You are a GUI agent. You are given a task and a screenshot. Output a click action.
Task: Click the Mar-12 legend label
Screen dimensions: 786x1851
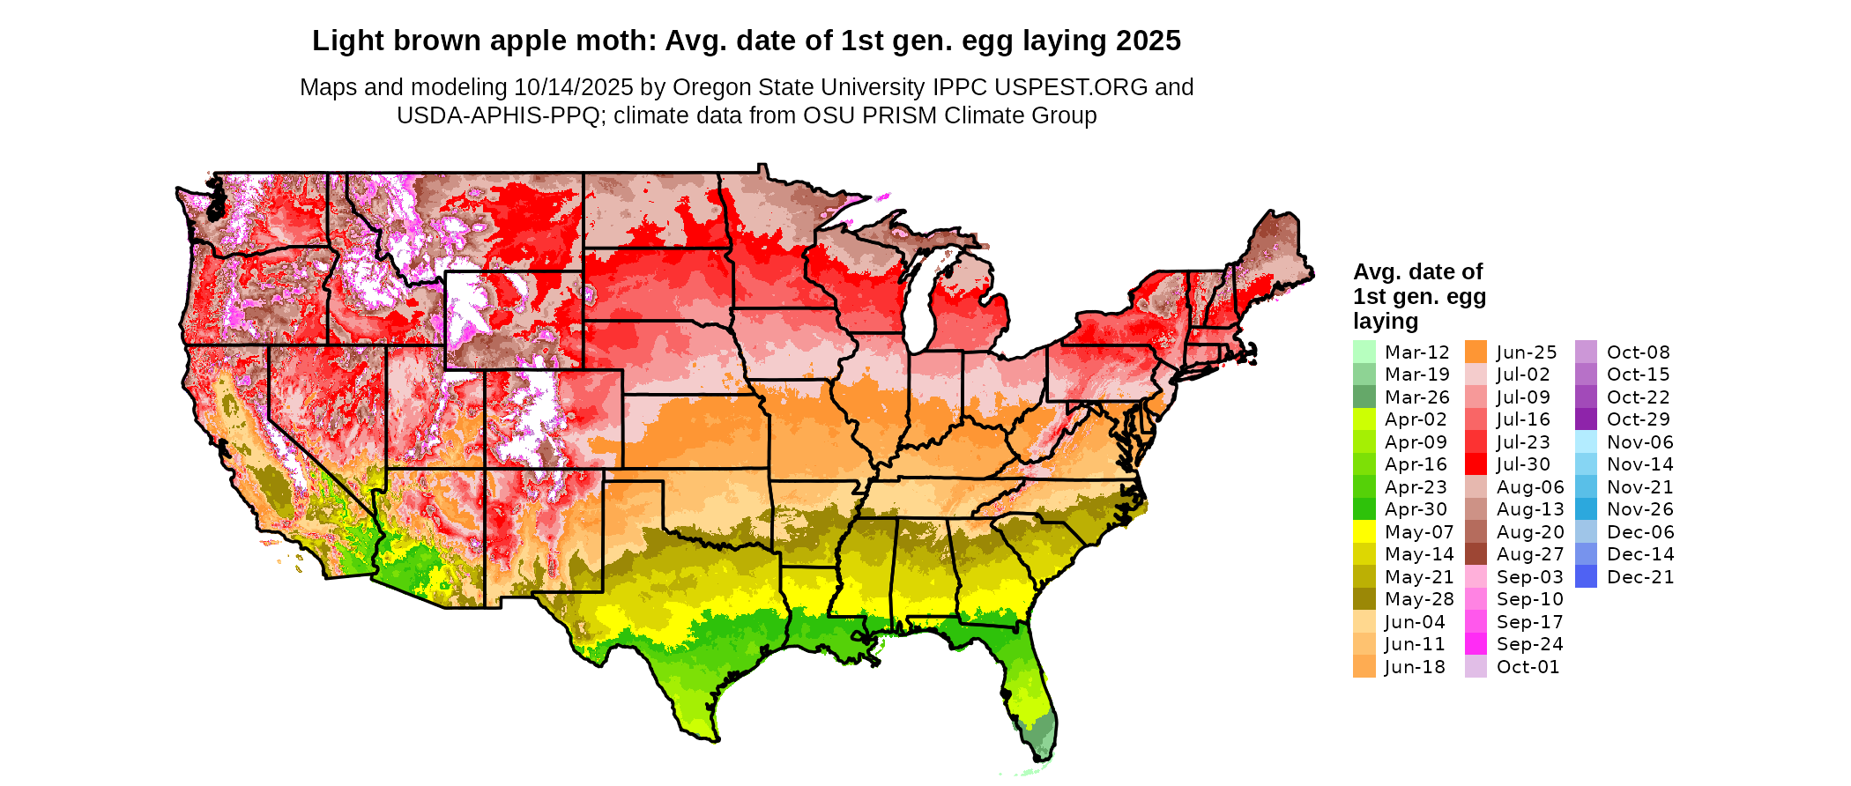(x=1416, y=352)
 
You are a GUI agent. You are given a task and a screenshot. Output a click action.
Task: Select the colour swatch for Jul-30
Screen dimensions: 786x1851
(x=1476, y=464)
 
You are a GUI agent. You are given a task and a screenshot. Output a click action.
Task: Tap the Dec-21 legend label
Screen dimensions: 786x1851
(x=1639, y=577)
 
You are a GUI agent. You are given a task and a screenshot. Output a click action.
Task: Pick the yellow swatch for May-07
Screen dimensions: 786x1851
(x=1364, y=532)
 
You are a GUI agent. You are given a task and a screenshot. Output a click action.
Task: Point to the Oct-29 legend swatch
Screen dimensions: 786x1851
(x=1586, y=419)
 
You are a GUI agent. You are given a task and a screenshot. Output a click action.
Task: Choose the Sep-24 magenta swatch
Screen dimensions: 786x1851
(x=1476, y=644)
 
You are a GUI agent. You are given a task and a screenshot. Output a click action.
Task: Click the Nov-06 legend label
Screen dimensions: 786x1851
(x=1639, y=442)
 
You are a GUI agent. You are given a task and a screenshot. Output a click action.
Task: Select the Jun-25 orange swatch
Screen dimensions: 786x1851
(x=1476, y=352)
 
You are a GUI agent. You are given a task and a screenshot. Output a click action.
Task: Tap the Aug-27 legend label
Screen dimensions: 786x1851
(x=1530, y=554)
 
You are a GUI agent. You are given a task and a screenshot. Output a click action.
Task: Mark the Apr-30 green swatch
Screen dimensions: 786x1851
(x=1364, y=509)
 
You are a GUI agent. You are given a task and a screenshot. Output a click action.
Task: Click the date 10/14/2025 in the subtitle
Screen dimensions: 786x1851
(x=574, y=87)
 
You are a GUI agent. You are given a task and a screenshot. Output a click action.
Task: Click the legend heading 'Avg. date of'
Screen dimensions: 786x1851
(x=1417, y=271)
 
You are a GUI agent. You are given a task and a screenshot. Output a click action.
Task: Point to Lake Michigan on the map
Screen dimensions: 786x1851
(x=918, y=300)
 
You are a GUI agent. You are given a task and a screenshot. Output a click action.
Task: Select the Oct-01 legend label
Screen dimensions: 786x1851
(x=1528, y=667)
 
